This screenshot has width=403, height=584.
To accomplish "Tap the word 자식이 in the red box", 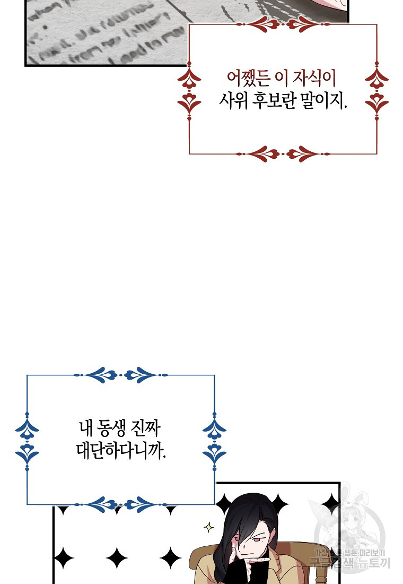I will tap(316, 79).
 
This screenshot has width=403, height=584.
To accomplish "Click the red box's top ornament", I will tap(283, 24).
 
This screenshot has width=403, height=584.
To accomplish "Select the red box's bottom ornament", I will tap(283, 154).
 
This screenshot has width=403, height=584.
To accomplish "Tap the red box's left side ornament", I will tap(189, 90).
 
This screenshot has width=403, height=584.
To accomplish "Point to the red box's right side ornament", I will tap(377, 90).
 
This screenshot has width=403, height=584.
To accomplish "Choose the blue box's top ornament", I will tap(121, 375).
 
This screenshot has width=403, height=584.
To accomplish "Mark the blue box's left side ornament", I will tap(27, 440).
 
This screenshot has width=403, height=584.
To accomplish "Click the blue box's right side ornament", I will tap(214, 440).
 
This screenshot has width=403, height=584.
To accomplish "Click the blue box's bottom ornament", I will tap(121, 504).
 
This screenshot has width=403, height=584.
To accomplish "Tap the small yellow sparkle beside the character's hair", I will tap(208, 527).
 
